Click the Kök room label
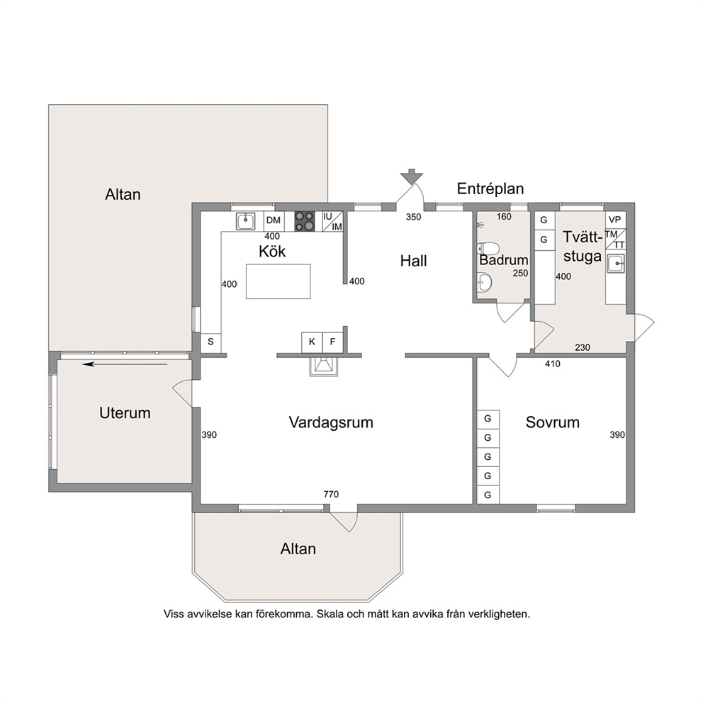click(x=272, y=251)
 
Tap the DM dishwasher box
click(x=274, y=220)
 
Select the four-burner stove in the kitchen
click(x=305, y=221)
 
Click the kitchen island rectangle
click(x=278, y=281)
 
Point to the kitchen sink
click(x=246, y=221)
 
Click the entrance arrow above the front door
click(x=411, y=176)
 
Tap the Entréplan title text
click(x=490, y=189)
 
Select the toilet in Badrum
click(x=488, y=248)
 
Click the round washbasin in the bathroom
click(x=485, y=281)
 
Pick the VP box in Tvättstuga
click(x=615, y=220)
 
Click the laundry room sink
click(x=616, y=264)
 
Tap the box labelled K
click(x=312, y=342)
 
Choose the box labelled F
click(x=332, y=342)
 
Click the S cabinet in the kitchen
click(x=210, y=342)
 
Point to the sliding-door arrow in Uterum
click(x=125, y=364)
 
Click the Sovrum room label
click(x=552, y=422)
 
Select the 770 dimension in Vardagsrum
click(x=331, y=494)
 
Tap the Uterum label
click(x=125, y=413)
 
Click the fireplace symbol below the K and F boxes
click(x=322, y=366)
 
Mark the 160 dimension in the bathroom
click(x=504, y=217)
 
